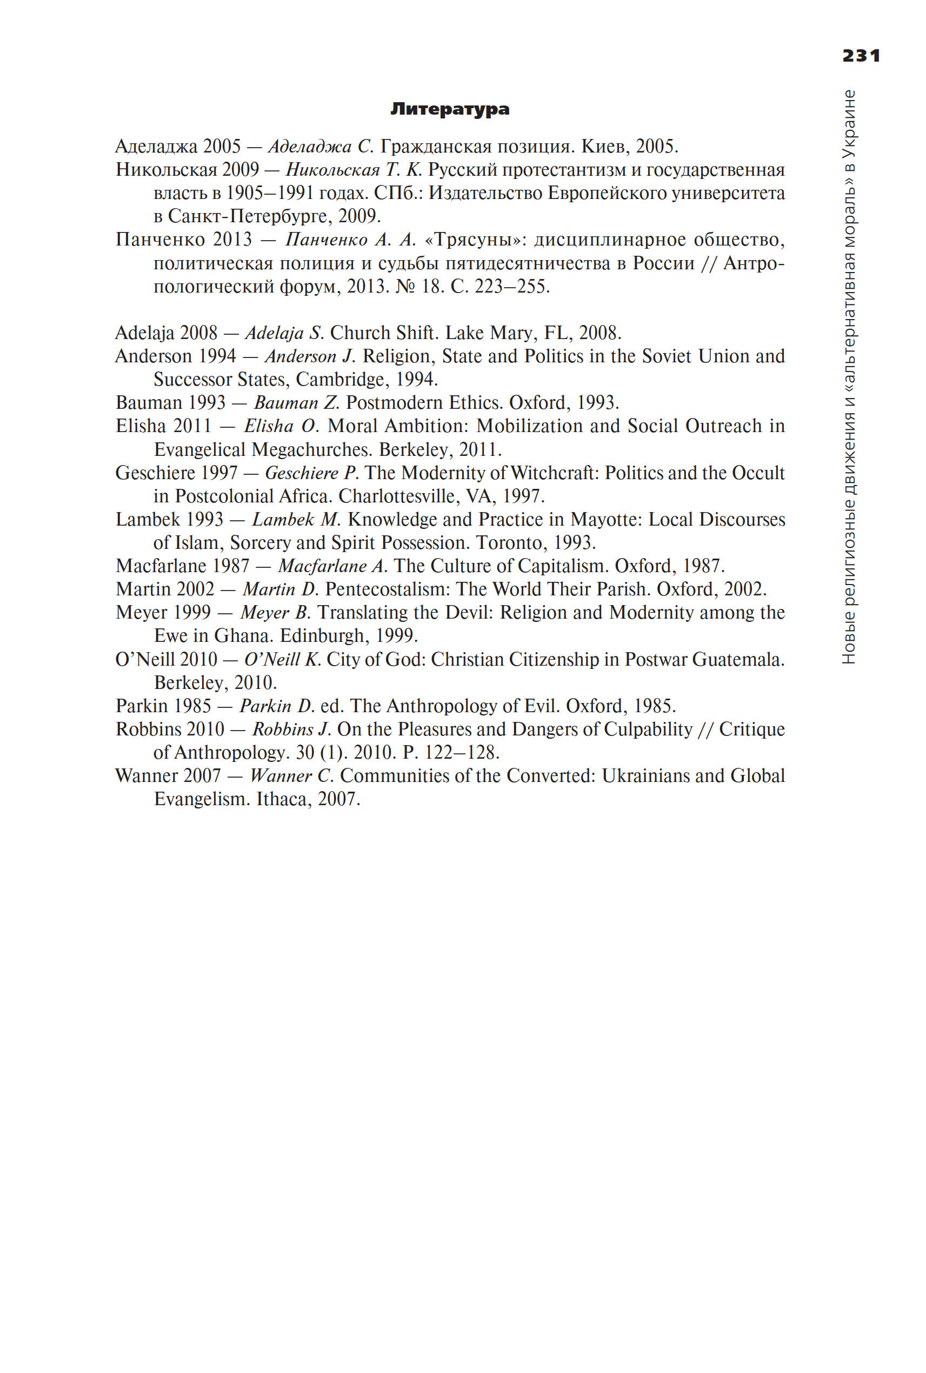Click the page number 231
(861, 56)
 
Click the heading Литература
(449, 109)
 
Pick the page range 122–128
(461, 752)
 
